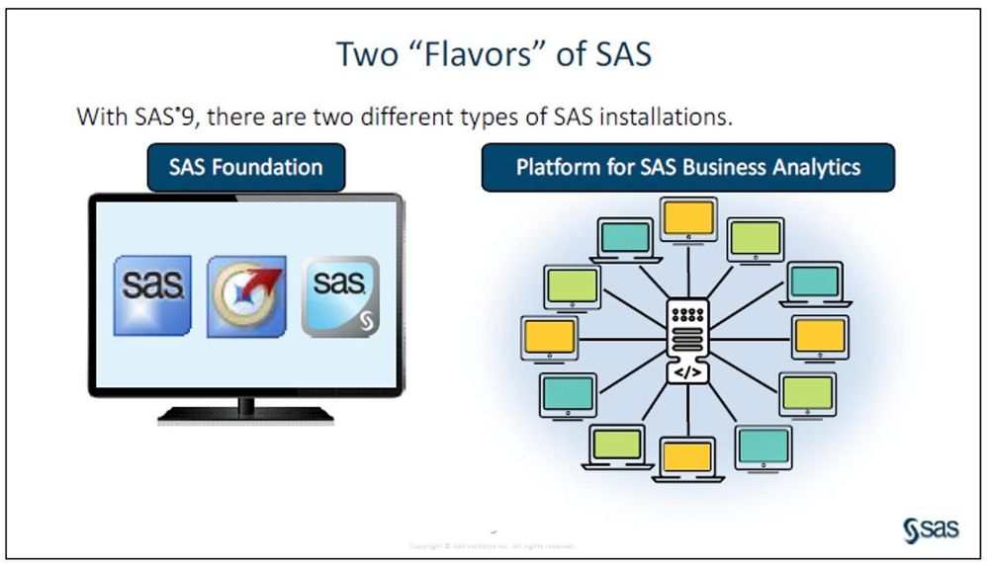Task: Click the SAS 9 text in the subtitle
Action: tap(162, 117)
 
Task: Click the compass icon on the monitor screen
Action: tap(246, 295)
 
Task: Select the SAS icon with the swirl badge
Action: tap(339, 295)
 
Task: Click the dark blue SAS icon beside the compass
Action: tap(152, 295)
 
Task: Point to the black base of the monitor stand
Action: tap(245, 415)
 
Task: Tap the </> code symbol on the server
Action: tap(690, 372)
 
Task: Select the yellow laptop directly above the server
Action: tap(689, 220)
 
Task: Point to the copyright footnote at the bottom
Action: tap(492, 545)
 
